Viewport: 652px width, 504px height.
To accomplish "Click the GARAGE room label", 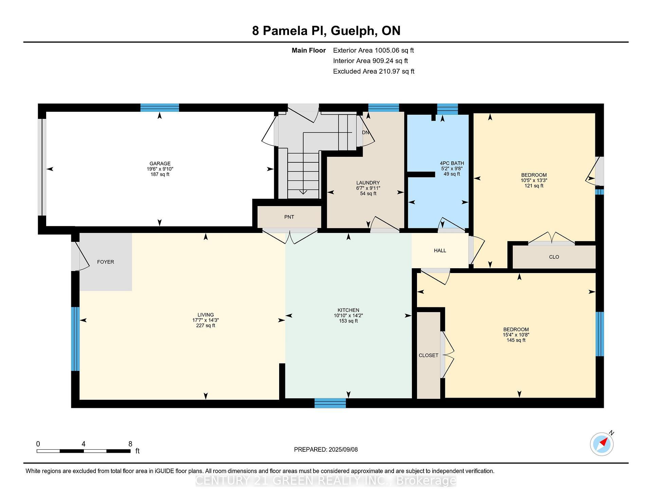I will [160, 163].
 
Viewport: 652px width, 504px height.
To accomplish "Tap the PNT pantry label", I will [289, 217].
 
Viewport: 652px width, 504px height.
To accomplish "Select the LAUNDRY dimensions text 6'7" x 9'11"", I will [368, 188].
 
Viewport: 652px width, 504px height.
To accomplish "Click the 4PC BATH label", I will [452, 163].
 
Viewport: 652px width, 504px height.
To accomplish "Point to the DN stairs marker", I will [365, 132].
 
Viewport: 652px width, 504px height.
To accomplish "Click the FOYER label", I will [105, 262].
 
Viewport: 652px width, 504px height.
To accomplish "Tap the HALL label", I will [440, 251].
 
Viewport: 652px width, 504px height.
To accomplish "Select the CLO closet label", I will [554, 257].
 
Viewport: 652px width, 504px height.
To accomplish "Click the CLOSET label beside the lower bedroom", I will [428, 355].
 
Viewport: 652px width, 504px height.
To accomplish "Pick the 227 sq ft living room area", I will [205, 325].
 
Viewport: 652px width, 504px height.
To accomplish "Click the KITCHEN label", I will [348, 310].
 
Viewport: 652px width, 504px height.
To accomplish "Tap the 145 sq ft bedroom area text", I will [516, 340].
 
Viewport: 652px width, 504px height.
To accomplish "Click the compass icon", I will [601, 444].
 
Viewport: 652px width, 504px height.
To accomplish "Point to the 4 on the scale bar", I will [83, 444].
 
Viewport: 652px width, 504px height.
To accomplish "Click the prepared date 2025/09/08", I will [343, 450].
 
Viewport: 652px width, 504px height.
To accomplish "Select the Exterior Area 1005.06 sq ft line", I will [373, 51].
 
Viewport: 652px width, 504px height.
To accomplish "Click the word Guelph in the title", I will [354, 31].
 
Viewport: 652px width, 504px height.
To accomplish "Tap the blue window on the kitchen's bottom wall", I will [330, 403].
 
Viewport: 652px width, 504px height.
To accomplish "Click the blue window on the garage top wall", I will [160, 108].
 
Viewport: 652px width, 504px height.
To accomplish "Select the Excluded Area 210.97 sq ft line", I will [374, 71].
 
